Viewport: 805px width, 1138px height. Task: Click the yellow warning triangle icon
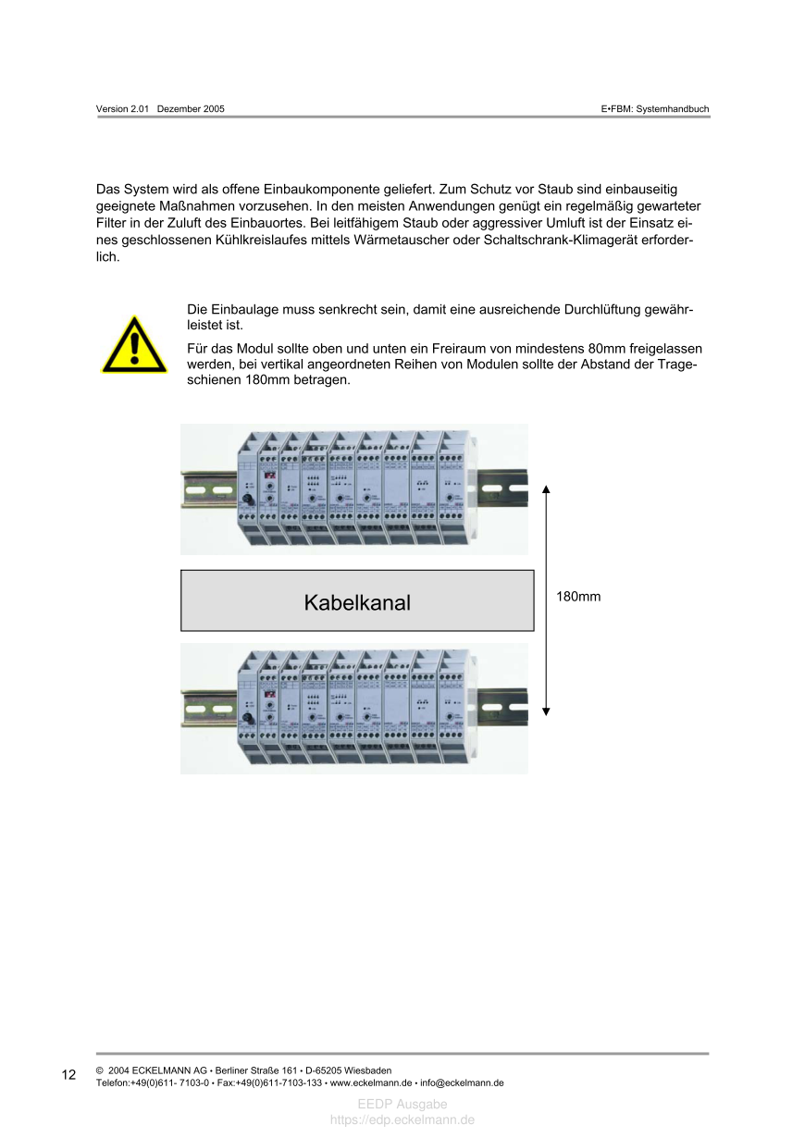click(134, 347)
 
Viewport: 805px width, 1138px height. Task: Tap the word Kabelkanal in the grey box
click(357, 603)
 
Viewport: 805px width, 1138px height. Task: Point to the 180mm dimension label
click(578, 597)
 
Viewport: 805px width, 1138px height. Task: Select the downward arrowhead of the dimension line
click(546, 711)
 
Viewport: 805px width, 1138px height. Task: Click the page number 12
click(69, 1075)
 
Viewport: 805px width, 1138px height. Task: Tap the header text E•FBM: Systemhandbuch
click(655, 109)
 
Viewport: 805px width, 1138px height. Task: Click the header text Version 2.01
click(123, 109)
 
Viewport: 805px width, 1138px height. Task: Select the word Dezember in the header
click(180, 109)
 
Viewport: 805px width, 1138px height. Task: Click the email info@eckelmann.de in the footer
click(462, 1082)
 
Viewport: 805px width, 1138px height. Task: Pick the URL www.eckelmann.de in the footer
click(370, 1082)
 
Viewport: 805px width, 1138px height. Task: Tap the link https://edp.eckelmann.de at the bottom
click(402, 1119)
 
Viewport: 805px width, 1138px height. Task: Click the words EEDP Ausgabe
click(402, 1105)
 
